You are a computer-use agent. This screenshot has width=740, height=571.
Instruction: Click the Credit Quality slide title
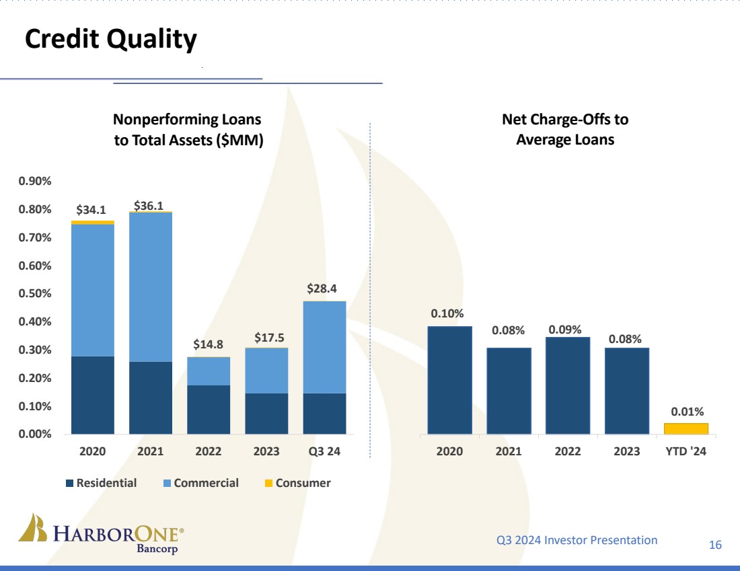coord(111,40)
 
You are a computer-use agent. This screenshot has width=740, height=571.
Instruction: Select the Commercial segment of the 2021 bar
coord(151,287)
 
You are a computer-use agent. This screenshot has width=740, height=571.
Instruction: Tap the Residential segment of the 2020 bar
coord(93,395)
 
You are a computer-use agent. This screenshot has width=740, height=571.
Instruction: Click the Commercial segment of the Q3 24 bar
coord(324,347)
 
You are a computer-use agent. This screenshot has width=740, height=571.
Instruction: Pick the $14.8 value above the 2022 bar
coord(209,344)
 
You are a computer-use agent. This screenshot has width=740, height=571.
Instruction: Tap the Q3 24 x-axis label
coord(324,452)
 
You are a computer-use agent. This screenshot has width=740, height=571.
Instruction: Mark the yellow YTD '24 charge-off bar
coord(686,428)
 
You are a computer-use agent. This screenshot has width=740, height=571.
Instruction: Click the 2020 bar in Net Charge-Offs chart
coord(450,380)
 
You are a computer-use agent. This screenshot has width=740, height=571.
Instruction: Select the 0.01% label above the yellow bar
coord(687,411)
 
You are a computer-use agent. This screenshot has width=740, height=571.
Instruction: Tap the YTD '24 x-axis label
coord(686,452)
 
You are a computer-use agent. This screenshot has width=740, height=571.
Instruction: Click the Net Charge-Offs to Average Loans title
coord(565,130)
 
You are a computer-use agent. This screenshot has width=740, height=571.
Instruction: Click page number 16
coord(715,545)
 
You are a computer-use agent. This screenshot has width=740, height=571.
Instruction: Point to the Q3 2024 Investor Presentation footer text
coord(577,540)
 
